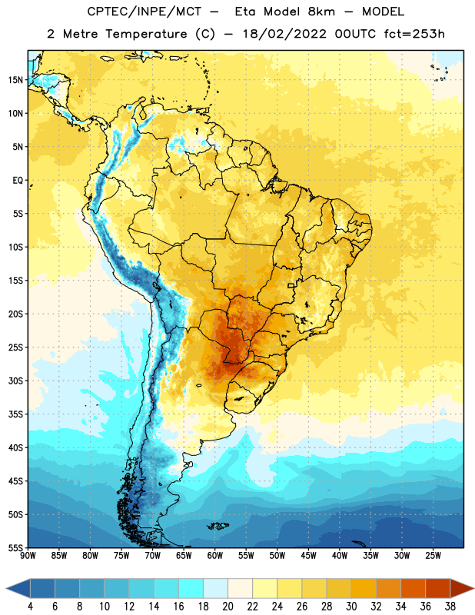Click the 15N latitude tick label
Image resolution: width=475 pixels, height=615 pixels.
(x=15, y=80)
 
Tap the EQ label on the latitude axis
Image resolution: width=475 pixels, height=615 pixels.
(x=18, y=181)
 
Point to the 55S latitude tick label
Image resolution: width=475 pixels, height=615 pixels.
(x=15, y=547)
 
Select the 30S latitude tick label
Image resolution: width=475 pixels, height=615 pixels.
(x=15, y=381)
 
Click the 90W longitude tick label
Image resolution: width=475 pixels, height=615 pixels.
(x=28, y=556)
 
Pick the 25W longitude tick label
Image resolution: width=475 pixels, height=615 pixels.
(x=433, y=556)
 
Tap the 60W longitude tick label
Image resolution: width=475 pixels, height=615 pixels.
(x=215, y=556)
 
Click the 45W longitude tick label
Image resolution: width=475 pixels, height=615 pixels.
(x=308, y=556)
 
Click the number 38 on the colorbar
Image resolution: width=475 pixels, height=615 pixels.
(x=450, y=607)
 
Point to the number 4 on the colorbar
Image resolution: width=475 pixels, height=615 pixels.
(x=30, y=607)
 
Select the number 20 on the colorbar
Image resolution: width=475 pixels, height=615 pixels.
(x=228, y=607)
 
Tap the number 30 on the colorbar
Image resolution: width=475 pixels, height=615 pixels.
(x=351, y=607)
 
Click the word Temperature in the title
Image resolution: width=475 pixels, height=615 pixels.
(x=146, y=34)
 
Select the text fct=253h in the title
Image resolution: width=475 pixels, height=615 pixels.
(x=414, y=34)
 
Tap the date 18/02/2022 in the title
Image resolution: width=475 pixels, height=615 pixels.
(x=284, y=34)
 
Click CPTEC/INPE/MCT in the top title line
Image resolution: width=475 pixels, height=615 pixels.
(x=144, y=12)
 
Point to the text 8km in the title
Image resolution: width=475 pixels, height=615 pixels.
(x=321, y=12)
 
